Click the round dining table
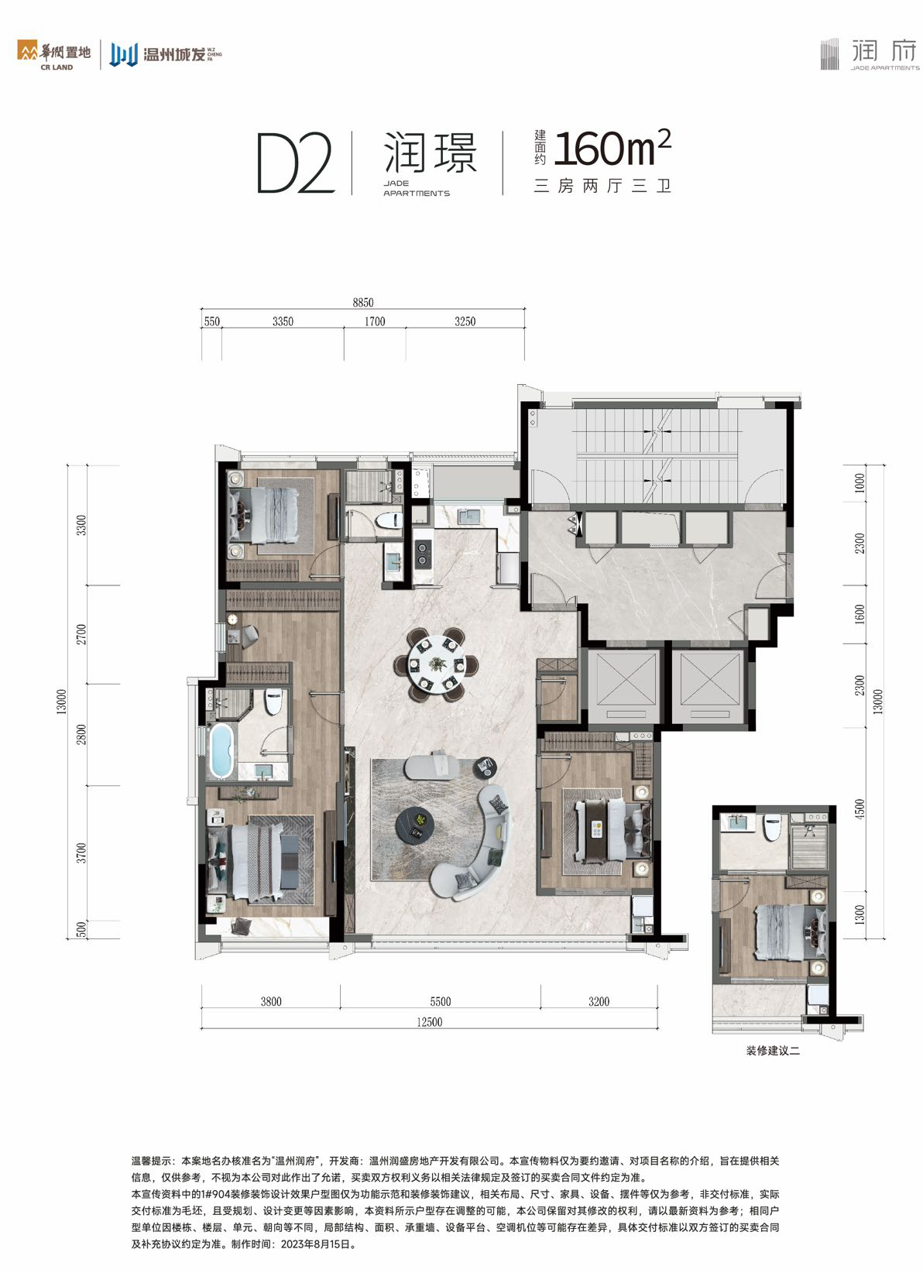(x=437, y=664)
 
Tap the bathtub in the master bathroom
(x=221, y=750)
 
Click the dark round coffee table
(x=415, y=823)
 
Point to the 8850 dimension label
(x=363, y=302)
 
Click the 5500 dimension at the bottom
(x=441, y=1001)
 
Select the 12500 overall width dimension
(x=429, y=1022)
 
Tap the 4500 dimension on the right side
(x=860, y=809)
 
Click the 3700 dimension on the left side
(x=82, y=853)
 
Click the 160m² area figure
(x=612, y=149)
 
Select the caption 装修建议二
(x=773, y=1051)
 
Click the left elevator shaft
(x=623, y=686)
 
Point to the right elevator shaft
(x=709, y=686)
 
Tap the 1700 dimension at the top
(x=375, y=321)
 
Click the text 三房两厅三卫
(x=603, y=186)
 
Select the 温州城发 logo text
(x=174, y=55)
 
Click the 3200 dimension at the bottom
(x=599, y=1001)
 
